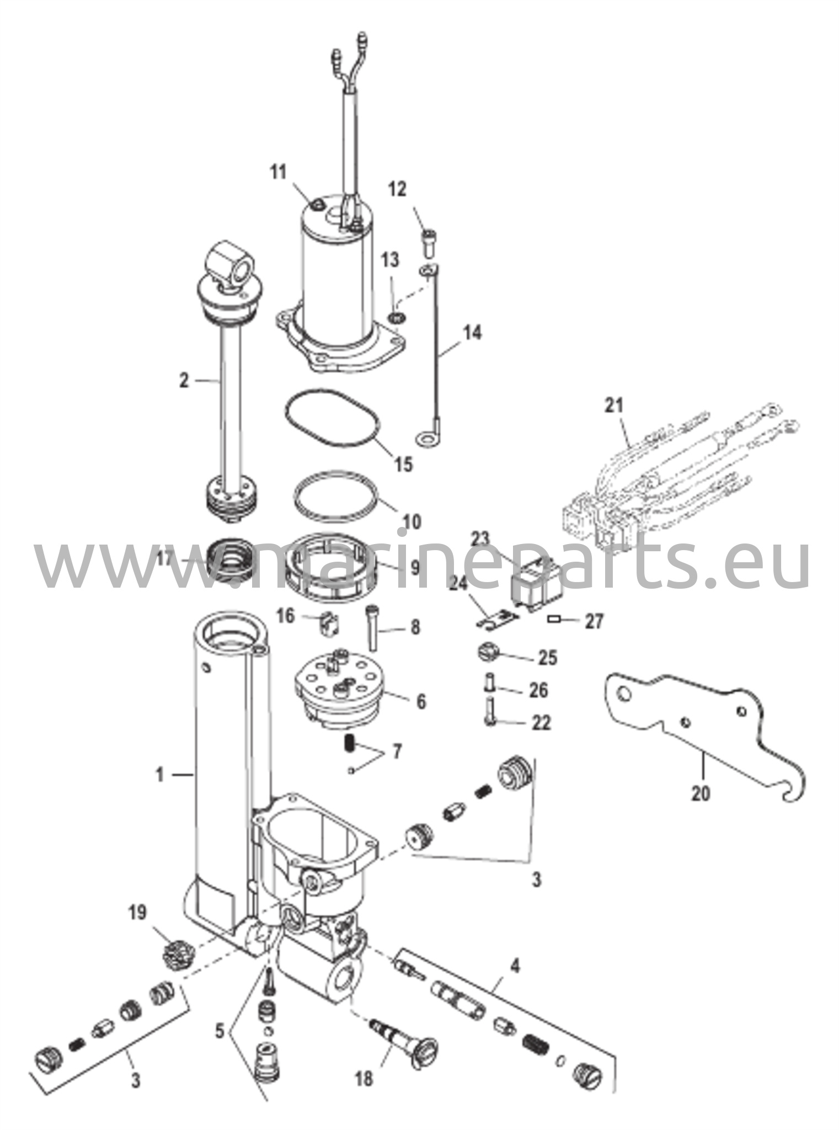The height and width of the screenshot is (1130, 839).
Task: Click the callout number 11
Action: (x=279, y=173)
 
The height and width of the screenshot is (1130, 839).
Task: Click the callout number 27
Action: (x=594, y=622)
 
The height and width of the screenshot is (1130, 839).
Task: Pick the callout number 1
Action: (x=159, y=775)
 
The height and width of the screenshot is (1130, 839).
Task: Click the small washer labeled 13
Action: (x=394, y=318)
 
